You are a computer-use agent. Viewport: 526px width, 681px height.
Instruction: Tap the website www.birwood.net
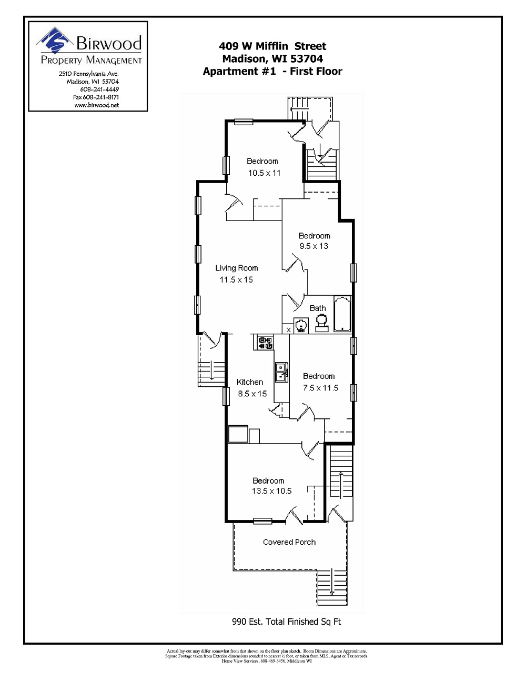coord(96,105)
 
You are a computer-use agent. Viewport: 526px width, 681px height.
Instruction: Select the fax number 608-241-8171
coord(96,97)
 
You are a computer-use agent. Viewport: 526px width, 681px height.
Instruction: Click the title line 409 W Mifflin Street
coord(272,46)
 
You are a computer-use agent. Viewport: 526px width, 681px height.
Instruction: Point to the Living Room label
coord(236,268)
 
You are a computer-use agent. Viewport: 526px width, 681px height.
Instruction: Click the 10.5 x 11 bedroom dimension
coord(264,173)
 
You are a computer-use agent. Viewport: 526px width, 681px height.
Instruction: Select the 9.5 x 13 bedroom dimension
coord(313,246)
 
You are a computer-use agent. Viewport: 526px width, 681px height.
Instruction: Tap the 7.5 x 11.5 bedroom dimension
coord(320,388)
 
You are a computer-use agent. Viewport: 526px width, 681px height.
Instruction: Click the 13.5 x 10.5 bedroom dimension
coord(271,491)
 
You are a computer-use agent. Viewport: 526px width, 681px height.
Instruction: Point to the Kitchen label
coord(249,382)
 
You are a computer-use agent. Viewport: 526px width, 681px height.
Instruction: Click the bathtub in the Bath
coord(342,314)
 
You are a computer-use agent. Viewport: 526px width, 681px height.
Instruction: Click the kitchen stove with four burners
coord(265,343)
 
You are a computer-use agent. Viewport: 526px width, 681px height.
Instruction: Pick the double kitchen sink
coord(281,372)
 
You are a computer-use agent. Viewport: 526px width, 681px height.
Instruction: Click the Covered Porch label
coord(289,542)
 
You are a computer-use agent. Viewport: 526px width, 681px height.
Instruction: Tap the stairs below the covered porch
coord(332,587)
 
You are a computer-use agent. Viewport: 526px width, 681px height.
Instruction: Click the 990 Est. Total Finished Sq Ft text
coord(286,622)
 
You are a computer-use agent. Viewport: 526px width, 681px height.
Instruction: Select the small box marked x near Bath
coord(288,329)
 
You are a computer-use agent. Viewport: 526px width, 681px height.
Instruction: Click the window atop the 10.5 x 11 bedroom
coord(244,122)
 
